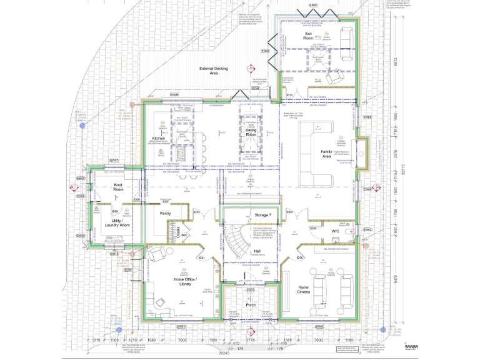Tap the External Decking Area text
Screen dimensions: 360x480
point(208,71)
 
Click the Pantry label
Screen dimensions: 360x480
point(165,213)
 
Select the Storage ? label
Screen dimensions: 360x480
point(262,215)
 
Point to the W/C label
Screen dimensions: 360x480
point(334,230)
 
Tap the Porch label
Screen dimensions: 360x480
point(251,306)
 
